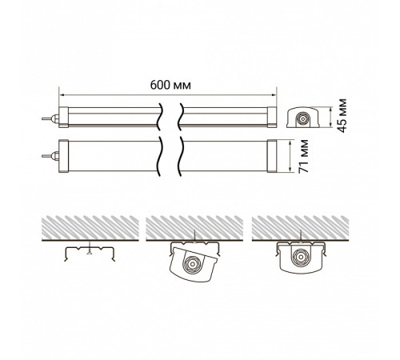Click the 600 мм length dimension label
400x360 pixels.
coord(170,85)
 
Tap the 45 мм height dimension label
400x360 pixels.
coord(342,115)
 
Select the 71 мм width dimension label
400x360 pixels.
coord(303,156)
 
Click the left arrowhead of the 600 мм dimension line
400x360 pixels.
coord(61,94)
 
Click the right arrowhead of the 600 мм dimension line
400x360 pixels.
coord(274,94)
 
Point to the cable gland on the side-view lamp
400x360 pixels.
coord(50,118)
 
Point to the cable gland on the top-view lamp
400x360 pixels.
coord(50,156)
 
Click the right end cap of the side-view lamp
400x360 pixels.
coord(272,117)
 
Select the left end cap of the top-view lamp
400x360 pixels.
coord(63,156)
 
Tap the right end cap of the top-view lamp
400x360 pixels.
coord(272,156)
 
